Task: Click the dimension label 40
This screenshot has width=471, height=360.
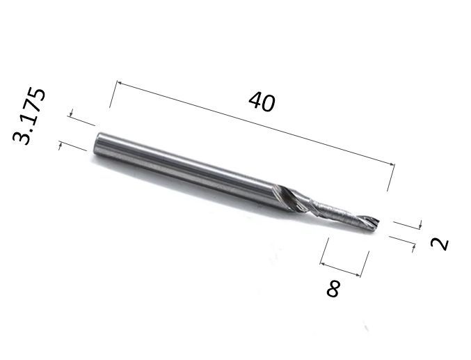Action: [262, 102]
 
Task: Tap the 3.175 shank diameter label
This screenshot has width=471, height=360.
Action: [29, 116]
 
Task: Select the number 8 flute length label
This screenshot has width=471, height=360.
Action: [333, 289]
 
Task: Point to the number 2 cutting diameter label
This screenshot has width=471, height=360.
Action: [439, 244]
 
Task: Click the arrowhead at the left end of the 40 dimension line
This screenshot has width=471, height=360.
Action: [119, 82]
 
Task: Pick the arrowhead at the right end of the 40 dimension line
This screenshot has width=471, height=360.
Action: [392, 164]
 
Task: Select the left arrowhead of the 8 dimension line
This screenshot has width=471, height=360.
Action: [323, 264]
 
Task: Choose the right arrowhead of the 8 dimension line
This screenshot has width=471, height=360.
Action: [358, 274]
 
